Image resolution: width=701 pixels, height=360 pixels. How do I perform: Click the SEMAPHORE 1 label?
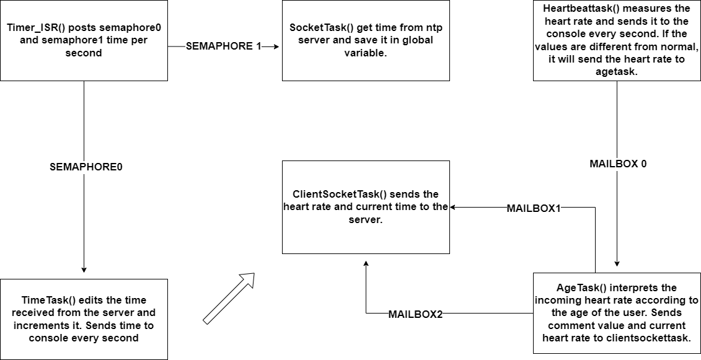[x=224, y=47]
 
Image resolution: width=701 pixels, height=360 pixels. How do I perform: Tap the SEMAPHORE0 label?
[x=86, y=167]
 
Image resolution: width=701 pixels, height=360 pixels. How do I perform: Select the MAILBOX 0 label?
[x=618, y=164]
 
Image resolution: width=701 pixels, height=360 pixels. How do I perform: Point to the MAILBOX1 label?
[x=534, y=209]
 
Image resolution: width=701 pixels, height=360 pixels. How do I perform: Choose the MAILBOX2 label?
[x=415, y=315]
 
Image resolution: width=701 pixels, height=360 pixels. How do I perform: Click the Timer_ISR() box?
[x=84, y=40]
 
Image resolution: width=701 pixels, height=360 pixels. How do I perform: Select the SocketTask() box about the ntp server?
[x=366, y=40]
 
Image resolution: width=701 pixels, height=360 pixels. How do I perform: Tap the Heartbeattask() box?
[x=617, y=40]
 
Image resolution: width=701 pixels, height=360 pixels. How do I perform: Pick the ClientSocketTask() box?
[x=366, y=207]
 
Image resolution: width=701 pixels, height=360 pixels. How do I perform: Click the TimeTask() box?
[x=84, y=318]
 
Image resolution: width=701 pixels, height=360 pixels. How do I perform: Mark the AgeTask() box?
[x=617, y=313]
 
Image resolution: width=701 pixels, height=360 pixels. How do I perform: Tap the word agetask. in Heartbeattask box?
[x=617, y=72]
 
